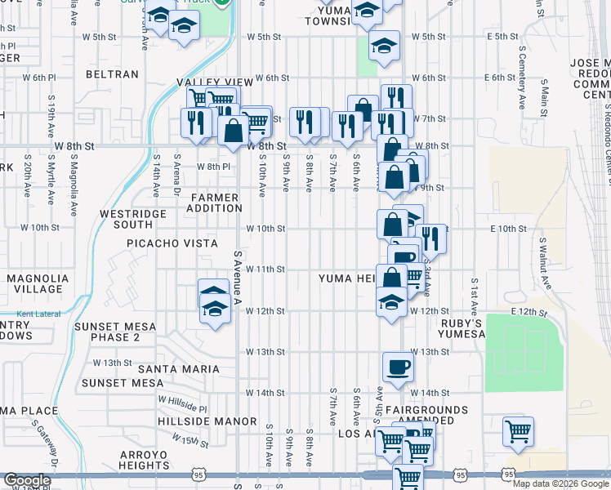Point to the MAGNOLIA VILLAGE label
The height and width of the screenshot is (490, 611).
pyautogui.click(x=34, y=283)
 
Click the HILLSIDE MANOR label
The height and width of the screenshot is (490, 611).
pyautogui.click(x=196, y=421)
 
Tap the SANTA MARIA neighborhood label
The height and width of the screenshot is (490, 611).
pyautogui.click(x=179, y=369)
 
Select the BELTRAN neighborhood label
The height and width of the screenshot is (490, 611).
pyautogui.click(x=112, y=74)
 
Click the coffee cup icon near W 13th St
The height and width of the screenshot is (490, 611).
pyautogui.click(x=398, y=367)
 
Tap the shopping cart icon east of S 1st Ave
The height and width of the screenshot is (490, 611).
pyautogui.click(x=519, y=430)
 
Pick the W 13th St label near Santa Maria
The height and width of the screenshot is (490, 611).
pyautogui.click(x=112, y=363)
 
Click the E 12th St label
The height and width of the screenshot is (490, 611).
pyautogui.click(x=527, y=312)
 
